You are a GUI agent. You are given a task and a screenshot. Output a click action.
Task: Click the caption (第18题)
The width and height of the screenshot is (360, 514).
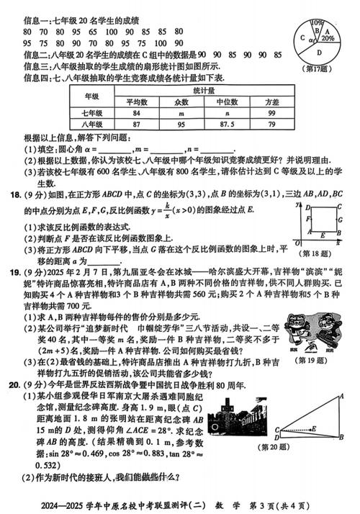click(318, 253)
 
